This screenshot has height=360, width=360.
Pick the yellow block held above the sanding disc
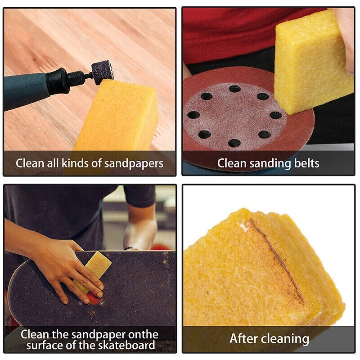click(x=313, y=63)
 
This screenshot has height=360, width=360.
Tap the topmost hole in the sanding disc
click(x=234, y=89)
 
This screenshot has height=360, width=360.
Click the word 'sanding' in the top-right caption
click(x=266, y=163)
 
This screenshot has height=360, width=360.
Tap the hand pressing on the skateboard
click(x=67, y=265)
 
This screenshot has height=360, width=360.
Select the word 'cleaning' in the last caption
click(x=285, y=338)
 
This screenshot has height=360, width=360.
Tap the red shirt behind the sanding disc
click(x=234, y=36)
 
